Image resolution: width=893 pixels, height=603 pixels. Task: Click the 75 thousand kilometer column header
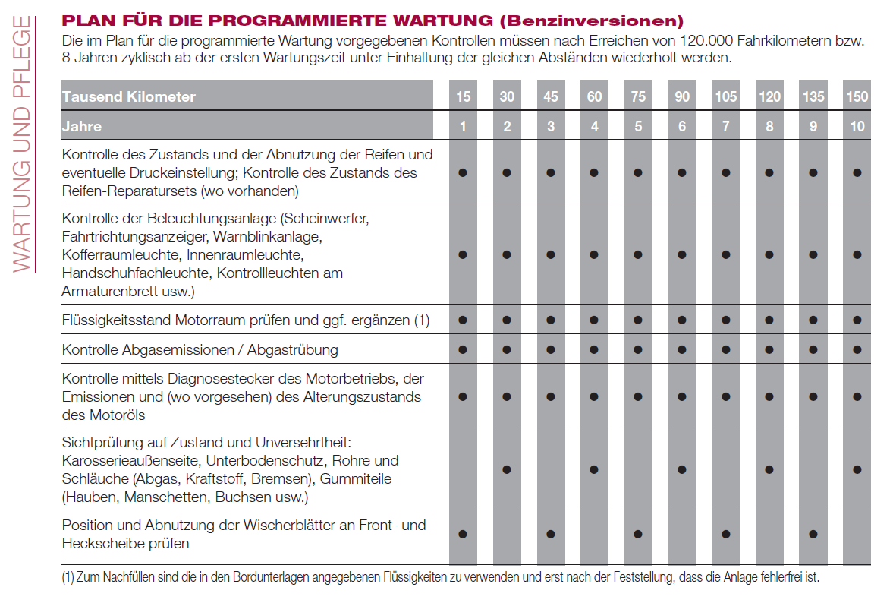638,97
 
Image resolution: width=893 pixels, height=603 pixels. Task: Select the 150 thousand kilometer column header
857,97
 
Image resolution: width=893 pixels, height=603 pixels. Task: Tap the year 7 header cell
726,127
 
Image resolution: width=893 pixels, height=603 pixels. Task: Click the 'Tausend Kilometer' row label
129,97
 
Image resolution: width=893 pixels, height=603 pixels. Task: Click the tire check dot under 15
463,173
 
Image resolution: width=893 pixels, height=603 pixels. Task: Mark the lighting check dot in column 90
682,254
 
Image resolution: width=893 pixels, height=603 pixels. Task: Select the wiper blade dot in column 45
551,534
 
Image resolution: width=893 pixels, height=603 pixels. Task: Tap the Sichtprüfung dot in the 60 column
595,469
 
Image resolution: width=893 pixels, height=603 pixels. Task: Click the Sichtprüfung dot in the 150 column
857,469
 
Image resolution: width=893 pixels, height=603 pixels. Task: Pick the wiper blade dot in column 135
813,534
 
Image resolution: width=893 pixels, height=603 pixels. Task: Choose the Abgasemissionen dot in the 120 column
769,349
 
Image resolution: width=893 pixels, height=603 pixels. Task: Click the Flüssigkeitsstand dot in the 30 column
507,320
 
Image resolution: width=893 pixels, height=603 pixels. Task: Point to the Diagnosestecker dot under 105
726,396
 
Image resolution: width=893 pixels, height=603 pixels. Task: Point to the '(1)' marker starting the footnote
68,577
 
